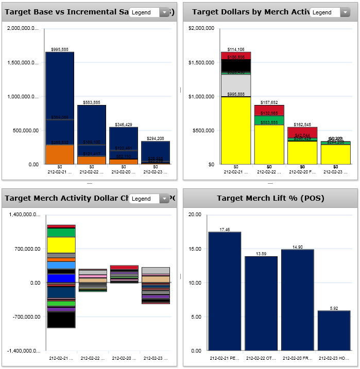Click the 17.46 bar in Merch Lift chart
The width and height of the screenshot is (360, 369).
tap(225, 291)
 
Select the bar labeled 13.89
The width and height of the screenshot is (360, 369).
tap(261, 303)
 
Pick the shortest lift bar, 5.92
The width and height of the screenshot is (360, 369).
tap(334, 330)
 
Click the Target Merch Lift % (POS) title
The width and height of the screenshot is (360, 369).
tap(270, 198)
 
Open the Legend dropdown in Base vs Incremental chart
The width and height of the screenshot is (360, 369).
tap(149, 12)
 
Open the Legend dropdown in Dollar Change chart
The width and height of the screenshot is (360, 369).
tap(149, 199)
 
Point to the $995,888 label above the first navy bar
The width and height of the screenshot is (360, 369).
tap(60, 49)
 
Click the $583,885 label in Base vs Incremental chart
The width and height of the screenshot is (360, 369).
tap(92, 102)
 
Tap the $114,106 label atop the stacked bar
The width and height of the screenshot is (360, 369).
tap(236, 49)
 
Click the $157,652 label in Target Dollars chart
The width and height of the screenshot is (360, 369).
tap(269, 102)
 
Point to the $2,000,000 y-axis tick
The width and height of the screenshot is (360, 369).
tap(201, 29)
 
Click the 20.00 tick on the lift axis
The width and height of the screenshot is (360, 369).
tap(194, 215)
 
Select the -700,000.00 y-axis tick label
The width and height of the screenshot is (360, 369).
tap(24, 317)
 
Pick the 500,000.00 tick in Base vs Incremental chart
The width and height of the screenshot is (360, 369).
tap(24, 131)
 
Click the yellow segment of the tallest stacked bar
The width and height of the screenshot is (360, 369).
tap(236, 130)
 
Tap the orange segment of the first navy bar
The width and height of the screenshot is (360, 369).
tap(60, 154)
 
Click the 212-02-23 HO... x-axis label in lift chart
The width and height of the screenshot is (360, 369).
tap(334, 357)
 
